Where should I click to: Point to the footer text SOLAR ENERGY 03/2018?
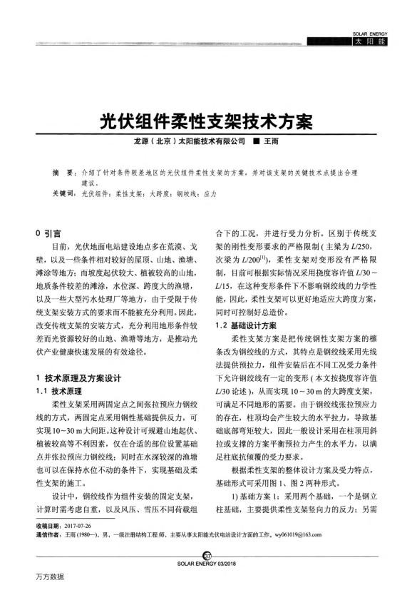pos(207,564)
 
